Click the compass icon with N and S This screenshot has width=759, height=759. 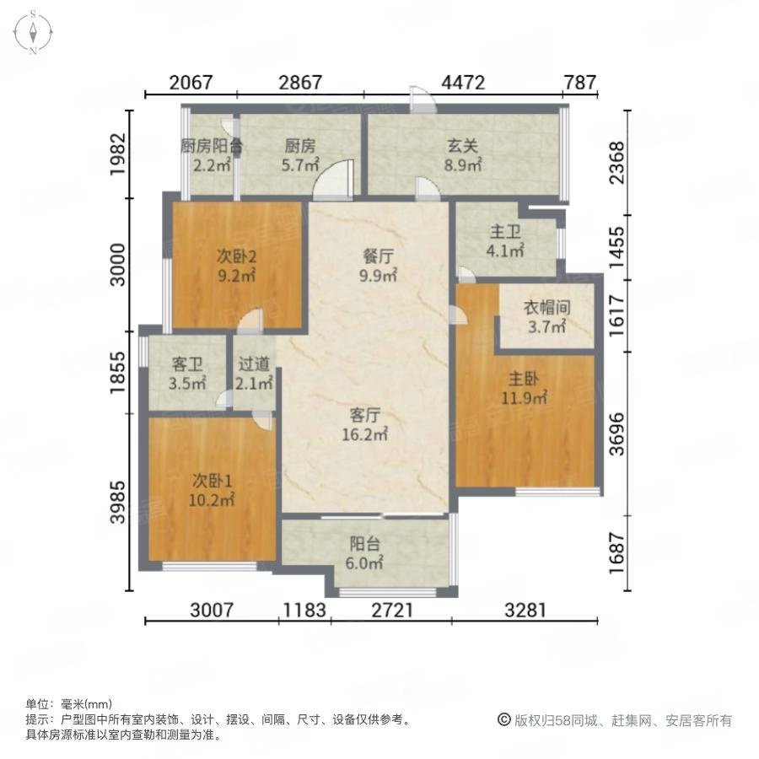[33, 32]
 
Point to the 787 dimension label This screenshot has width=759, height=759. [580, 83]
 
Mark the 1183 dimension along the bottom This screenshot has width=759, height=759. [304, 610]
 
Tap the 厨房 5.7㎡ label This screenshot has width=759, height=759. [300, 153]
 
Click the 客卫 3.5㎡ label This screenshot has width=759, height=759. [187, 374]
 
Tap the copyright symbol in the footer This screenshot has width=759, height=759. [503, 720]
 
